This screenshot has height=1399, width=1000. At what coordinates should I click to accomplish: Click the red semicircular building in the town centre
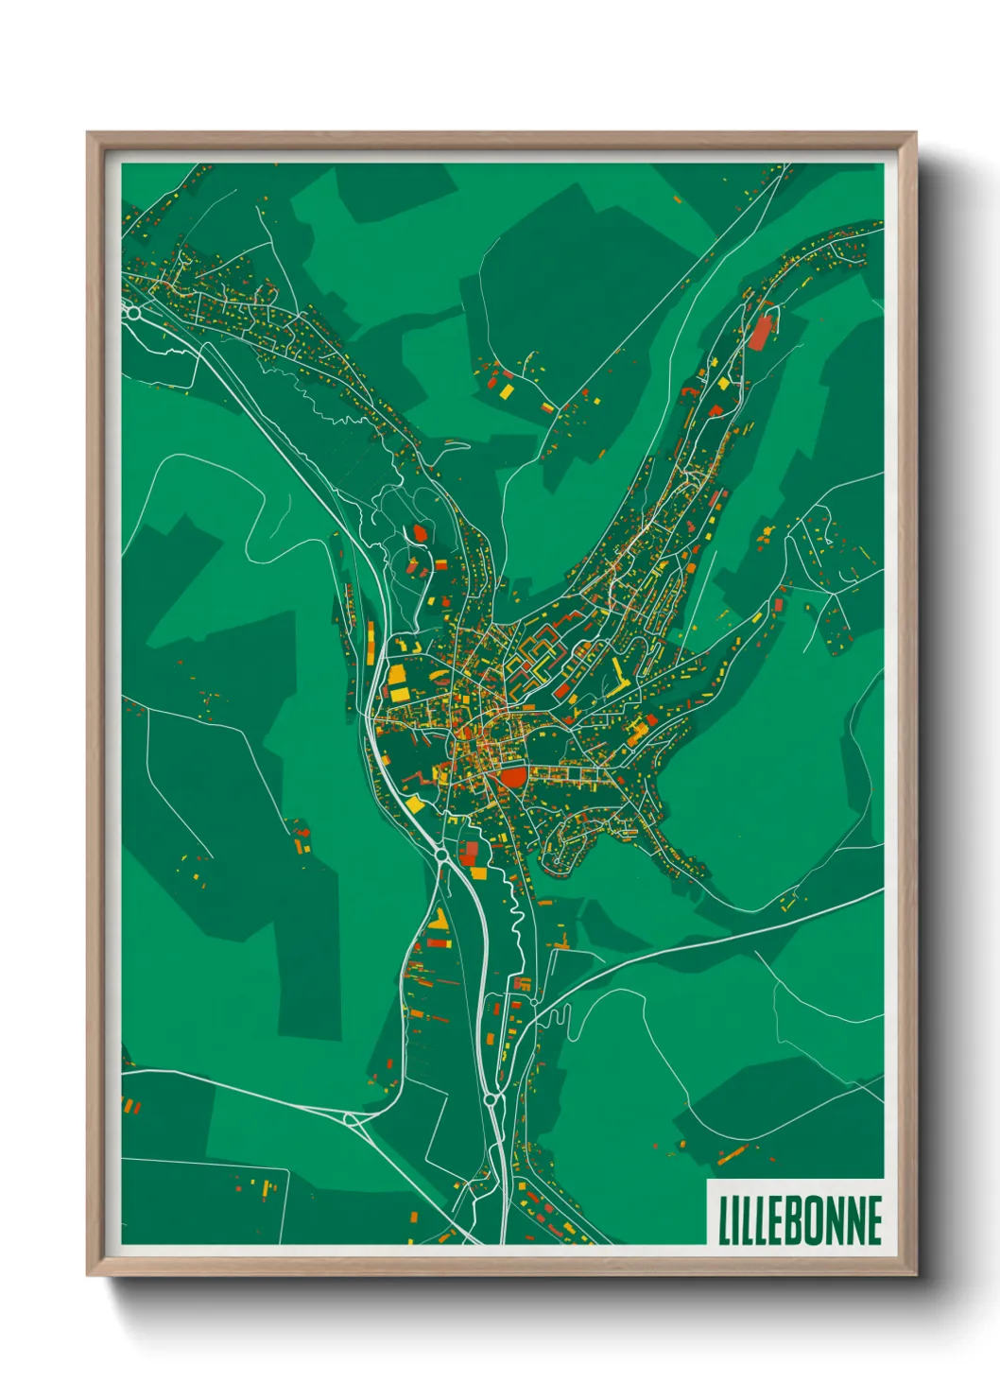click(x=511, y=778)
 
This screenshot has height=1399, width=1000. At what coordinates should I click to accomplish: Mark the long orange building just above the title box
click(x=732, y=1153)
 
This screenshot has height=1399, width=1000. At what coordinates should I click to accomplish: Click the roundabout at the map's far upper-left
click(x=134, y=312)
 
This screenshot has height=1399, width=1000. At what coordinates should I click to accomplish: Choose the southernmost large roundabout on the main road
click(x=491, y=1100)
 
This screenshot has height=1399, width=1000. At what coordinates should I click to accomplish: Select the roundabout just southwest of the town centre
click(x=441, y=855)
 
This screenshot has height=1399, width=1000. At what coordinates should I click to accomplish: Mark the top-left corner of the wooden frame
click(x=88, y=133)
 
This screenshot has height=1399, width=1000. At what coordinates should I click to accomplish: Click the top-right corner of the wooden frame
click(x=915, y=133)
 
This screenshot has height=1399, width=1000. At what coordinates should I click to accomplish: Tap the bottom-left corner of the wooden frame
click(x=88, y=1275)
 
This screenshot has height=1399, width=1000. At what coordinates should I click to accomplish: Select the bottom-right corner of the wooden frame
click(x=915, y=1275)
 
